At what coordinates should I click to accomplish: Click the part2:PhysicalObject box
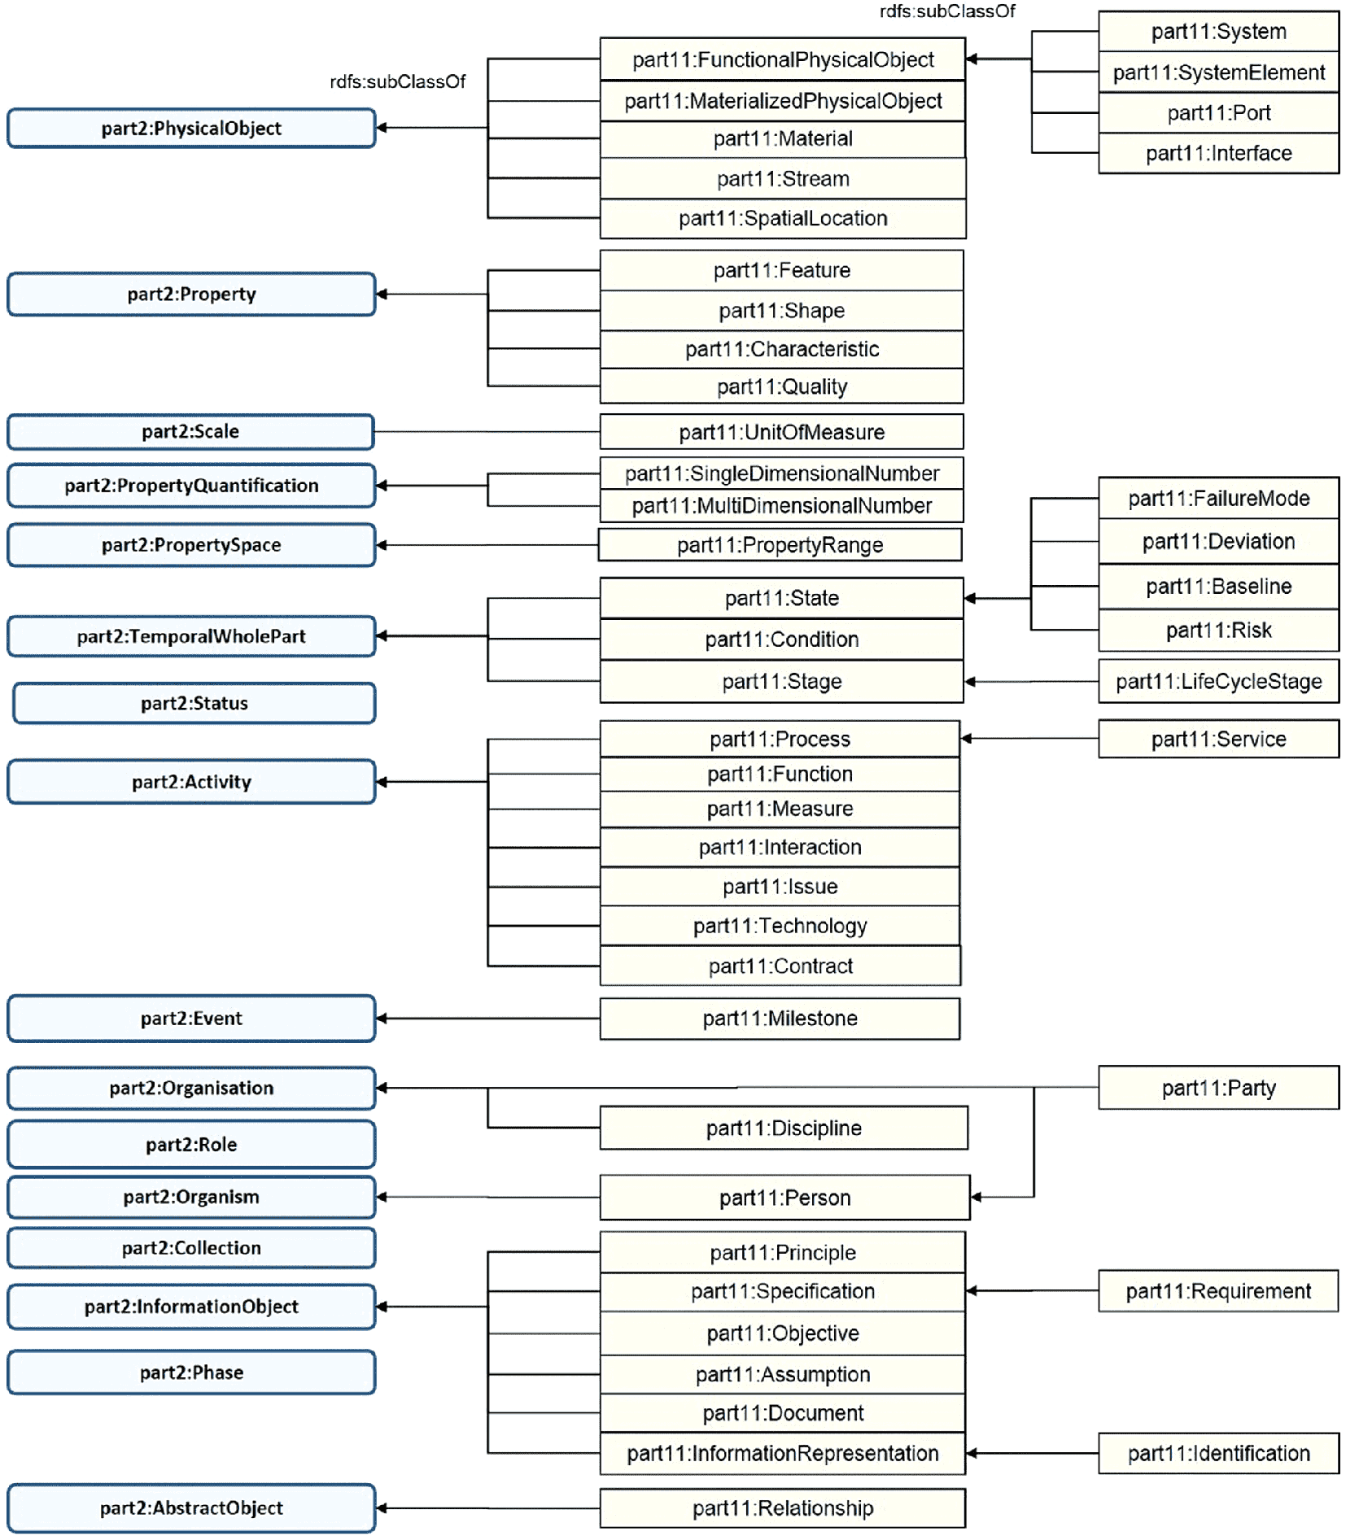coord(191,128)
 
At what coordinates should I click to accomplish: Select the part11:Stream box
coord(783,178)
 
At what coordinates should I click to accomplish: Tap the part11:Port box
coord(1218,113)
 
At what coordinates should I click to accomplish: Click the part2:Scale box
coord(191,431)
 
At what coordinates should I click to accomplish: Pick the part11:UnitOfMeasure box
coord(781,432)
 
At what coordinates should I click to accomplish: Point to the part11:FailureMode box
coord(1218,498)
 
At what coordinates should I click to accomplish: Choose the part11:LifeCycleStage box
coord(1218,681)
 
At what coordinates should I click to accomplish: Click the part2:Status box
coord(194,703)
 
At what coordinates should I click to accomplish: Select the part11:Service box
coord(1218,739)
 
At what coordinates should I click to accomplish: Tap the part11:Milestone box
coord(780,1019)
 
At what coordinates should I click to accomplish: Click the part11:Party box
coord(1218,1088)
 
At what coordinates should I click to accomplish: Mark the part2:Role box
coord(191,1145)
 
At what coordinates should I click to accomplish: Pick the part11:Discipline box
coord(784,1128)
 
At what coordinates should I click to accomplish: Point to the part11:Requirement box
coord(1218,1291)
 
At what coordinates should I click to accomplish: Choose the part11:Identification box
coord(1218,1454)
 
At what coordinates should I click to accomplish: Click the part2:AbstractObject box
coord(191,1508)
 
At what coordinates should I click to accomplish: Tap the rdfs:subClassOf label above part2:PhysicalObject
coord(397,81)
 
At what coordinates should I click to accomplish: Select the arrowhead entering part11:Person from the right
coord(977,1197)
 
